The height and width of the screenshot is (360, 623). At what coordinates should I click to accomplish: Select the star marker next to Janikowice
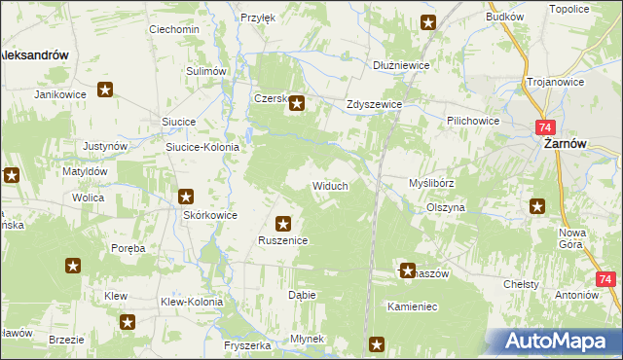tap(106, 90)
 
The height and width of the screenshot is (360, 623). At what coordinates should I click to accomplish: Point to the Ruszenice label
tap(283, 240)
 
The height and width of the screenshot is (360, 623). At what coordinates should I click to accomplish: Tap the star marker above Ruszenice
tap(283, 223)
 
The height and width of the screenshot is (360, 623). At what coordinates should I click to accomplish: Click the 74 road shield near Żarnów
tap(545, 127)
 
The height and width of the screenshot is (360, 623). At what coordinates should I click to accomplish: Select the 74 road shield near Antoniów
tap(606, 280)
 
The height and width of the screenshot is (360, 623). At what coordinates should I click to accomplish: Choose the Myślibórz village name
tap(431, 182)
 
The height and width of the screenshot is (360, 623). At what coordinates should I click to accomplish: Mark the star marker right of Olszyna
tap(537, 205)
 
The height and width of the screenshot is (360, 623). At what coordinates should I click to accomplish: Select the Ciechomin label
tap(173, 29)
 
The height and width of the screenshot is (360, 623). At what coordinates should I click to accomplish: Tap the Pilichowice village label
tap(472, 119)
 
